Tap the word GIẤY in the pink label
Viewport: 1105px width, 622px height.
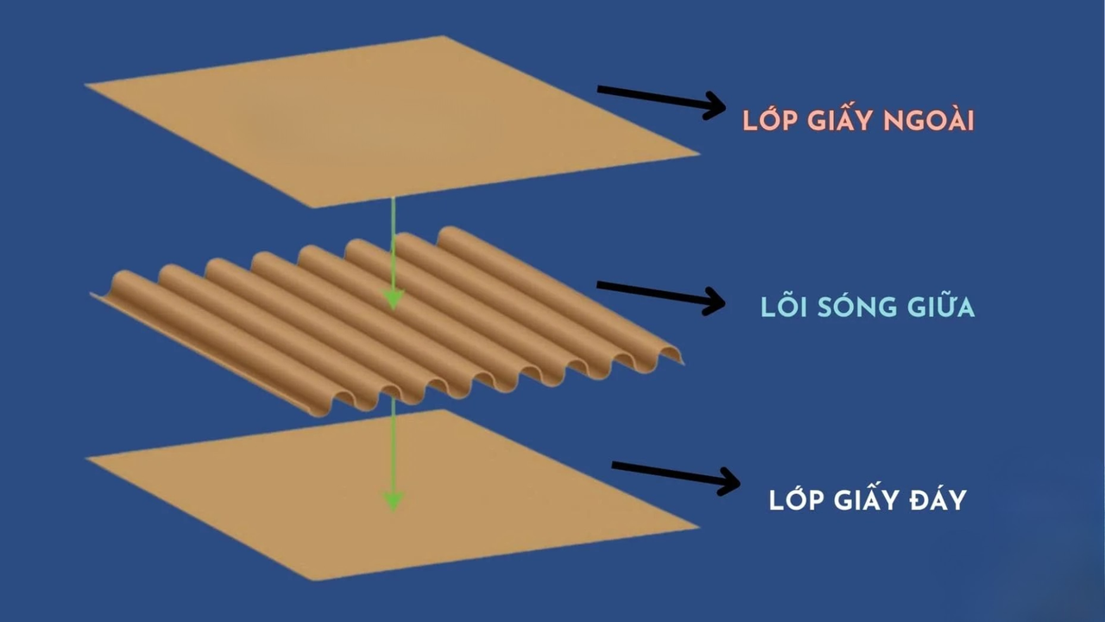(837, 121)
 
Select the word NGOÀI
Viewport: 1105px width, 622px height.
(931, 121)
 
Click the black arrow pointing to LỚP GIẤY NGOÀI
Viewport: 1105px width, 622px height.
(660, 99)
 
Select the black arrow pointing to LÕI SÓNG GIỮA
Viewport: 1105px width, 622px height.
(660, 294)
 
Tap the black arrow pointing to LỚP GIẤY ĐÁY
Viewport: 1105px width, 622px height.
(675, 475)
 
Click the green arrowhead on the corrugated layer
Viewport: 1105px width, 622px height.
(393, 299)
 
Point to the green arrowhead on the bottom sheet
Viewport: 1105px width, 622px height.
(393, 499)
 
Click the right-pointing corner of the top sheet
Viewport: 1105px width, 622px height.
(696, 155)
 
